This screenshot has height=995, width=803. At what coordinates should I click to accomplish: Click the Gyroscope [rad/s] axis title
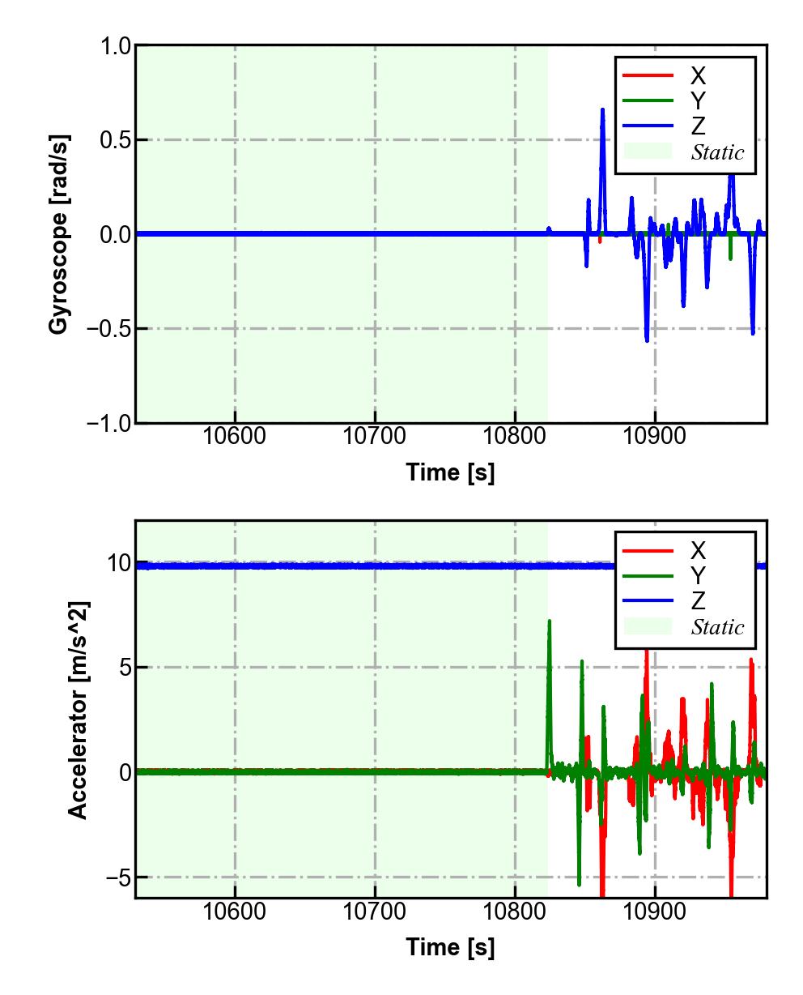click(58, 234)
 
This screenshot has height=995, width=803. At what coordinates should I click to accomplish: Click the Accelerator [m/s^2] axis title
click(79, 710)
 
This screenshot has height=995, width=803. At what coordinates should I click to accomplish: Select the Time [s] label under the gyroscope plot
click(450, 472)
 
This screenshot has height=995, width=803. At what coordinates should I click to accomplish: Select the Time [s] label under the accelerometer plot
click(450, 946)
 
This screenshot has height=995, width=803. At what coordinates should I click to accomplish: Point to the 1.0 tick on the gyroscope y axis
click(115, 46)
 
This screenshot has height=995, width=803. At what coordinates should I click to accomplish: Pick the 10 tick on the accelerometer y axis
click(119, 563)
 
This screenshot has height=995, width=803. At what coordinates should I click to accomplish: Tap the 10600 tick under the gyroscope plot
click(235, 437)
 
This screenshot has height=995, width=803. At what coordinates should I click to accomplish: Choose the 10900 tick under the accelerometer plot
click(654, 912)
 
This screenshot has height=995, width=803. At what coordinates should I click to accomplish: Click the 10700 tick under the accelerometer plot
click(375, 912)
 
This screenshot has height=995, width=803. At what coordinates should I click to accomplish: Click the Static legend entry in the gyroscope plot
click(716, 152)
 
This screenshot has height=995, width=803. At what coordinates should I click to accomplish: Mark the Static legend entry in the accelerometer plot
click(716, 627)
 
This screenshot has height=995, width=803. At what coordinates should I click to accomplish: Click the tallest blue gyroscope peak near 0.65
click(602, 110)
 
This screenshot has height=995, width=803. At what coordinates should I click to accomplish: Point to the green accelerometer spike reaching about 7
click(550, 622)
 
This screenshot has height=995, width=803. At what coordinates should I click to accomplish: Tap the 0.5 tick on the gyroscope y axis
click(115, 140)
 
